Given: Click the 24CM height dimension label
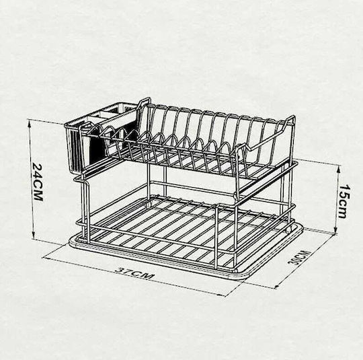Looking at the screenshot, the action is click(38, 182).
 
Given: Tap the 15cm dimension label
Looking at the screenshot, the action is click(345, 201).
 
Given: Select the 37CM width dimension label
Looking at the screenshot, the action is click(134, 273).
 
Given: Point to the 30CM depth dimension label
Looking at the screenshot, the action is click(298, 257).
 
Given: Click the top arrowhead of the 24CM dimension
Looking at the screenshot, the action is click(30, 124).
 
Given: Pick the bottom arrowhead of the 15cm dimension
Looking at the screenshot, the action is click(335, 230).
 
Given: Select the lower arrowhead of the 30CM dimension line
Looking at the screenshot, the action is click(278, 287).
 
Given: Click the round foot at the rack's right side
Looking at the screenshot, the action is click(288, 230).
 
